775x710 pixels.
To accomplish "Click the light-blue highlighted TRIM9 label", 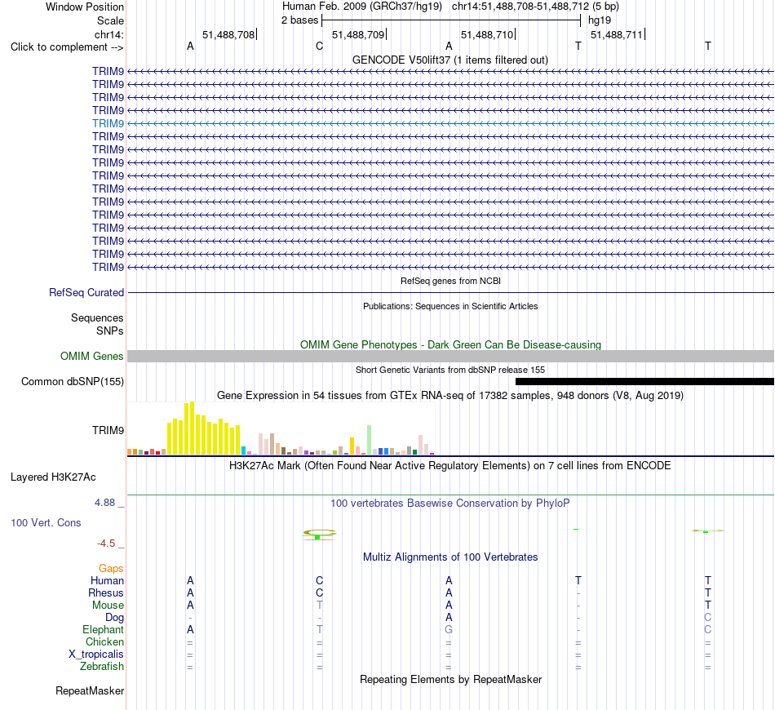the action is (108, 123).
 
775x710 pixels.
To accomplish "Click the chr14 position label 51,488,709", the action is (358, 34).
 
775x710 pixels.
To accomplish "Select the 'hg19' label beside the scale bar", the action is (600, 20).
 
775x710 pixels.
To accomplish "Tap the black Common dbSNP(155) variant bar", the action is (644, 381).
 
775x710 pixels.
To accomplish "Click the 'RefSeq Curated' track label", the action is (86, 293).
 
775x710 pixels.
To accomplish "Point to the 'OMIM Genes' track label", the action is (92, 356).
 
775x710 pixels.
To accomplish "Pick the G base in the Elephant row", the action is (449, 629).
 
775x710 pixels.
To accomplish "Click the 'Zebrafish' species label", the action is (102, 667).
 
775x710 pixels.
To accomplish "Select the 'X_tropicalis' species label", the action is (96, 655).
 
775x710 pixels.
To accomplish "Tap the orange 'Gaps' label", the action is (111, 569).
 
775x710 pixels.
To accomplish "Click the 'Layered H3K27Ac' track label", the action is (53, 477).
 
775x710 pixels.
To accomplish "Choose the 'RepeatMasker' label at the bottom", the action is (90, 690).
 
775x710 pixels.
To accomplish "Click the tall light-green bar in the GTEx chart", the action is (369, 440).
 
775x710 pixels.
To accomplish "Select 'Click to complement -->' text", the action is (67, 47).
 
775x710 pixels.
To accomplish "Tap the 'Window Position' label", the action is (85, 7).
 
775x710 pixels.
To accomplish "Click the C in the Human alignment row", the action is (319, 580).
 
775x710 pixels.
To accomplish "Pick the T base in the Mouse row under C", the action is (319, 605).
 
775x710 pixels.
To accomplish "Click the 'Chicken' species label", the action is (104, 641).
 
